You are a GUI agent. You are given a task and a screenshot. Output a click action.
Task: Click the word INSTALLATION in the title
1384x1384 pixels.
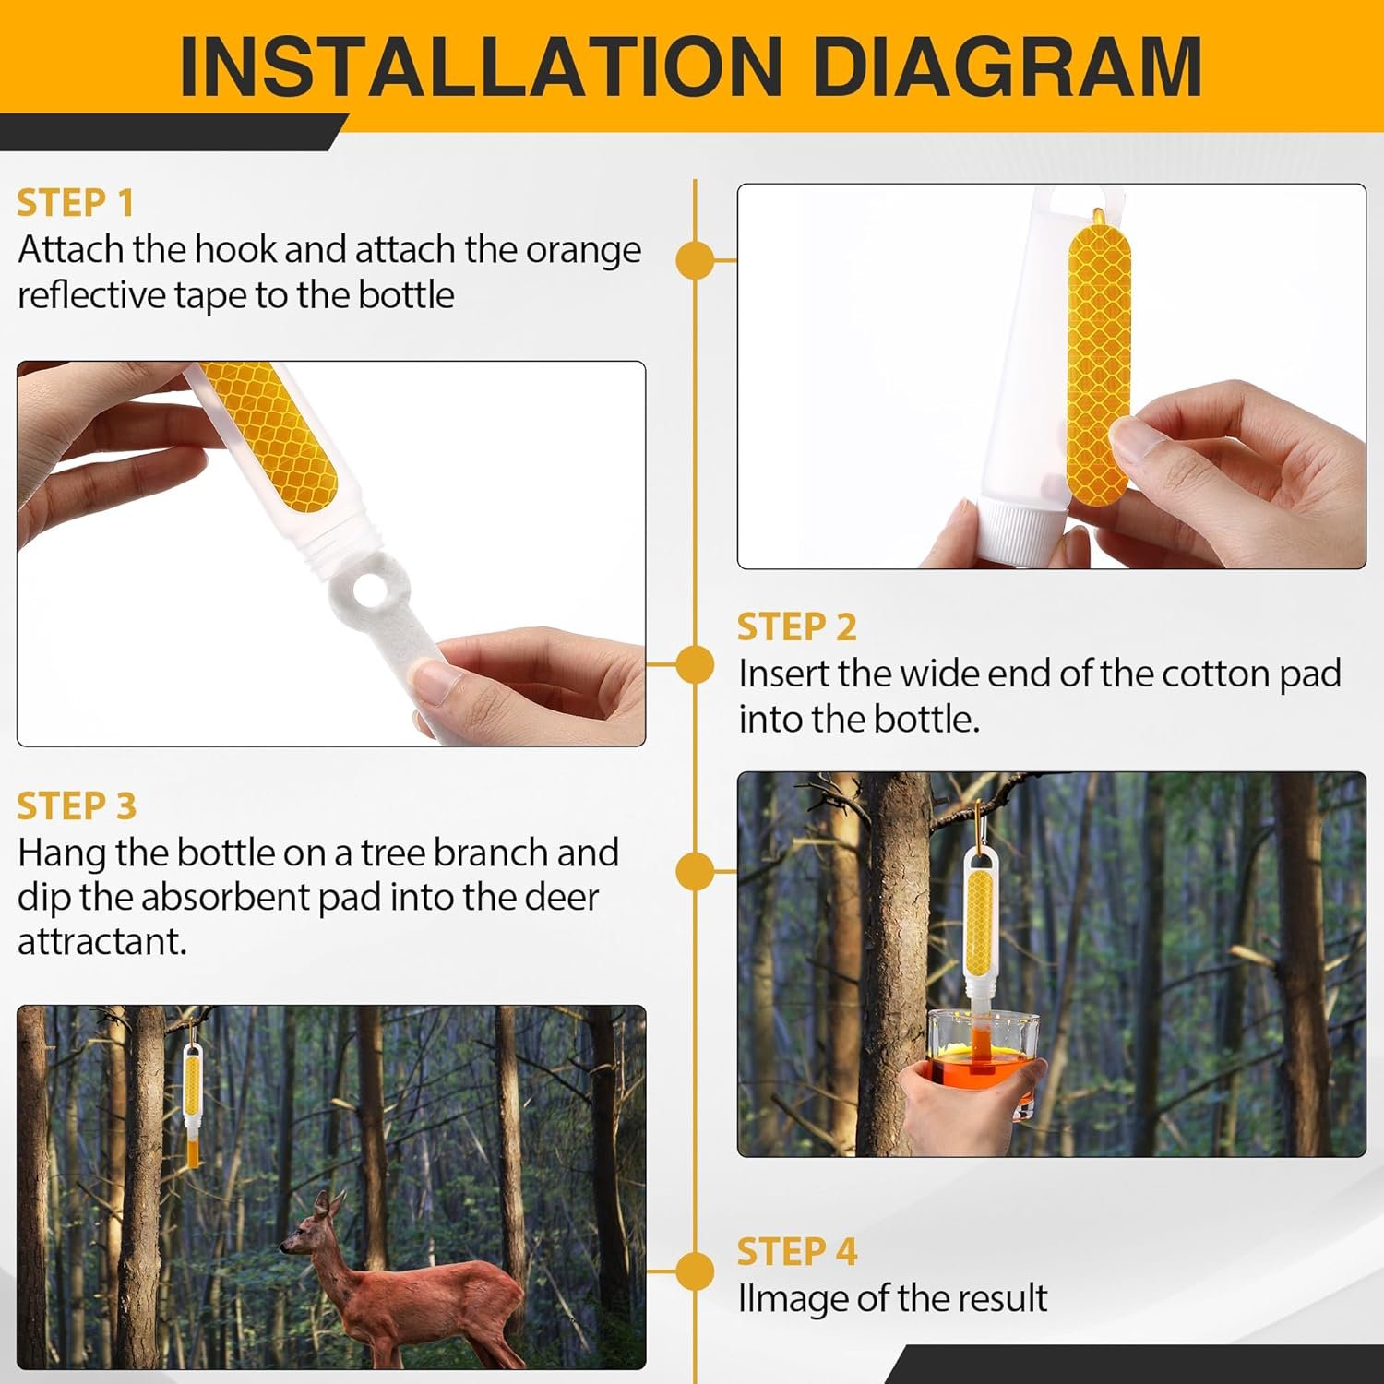[481, 66]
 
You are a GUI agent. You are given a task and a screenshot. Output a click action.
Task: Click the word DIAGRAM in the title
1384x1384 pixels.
[1008, 66]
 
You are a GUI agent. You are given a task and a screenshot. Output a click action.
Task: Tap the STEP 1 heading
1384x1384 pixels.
[76, 203]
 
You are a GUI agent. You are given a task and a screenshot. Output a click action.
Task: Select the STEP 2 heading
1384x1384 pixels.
[796, 627]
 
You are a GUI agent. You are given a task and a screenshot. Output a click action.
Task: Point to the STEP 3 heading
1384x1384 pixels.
[77, 806]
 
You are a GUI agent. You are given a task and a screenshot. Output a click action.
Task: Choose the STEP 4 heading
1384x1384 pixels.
[796, 1252]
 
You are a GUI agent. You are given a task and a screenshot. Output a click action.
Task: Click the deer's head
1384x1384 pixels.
[307, 1227]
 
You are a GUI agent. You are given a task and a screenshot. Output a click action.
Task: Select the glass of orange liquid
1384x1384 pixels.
[983, 1061]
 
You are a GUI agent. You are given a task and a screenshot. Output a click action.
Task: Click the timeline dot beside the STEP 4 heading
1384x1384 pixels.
[695, 1271]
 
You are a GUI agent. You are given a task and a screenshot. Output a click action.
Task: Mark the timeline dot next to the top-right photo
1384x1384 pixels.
[695, 260]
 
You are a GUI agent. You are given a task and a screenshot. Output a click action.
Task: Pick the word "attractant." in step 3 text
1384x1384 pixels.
[102, 942]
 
